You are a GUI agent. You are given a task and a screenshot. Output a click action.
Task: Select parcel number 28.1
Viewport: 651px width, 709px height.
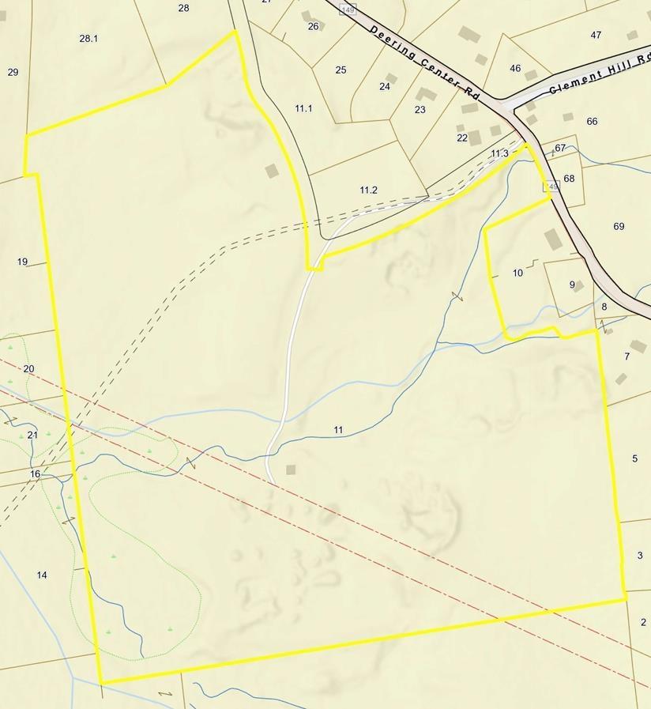click(x=88, y=38)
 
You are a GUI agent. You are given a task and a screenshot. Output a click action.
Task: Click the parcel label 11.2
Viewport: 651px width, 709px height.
click(x=368, y=190)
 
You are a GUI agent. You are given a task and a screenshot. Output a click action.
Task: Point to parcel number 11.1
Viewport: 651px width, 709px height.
click(x=303, y=108)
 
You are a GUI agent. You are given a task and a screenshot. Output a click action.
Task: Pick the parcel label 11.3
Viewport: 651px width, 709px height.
click(x=499, y=153)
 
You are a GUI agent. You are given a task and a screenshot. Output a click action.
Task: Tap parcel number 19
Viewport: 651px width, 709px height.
click(x=22, y=262)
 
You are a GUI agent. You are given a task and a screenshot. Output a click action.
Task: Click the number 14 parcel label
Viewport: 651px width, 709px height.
click(x=42, y=575)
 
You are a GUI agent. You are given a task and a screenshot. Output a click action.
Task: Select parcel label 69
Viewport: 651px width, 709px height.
click(x=619, y=226)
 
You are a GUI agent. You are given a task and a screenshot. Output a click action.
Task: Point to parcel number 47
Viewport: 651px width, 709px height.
click(x=596, y=35)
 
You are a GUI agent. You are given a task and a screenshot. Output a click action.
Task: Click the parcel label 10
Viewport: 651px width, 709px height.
click(x=517, y=273)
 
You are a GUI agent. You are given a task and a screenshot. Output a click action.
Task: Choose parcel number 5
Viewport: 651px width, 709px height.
click(x=634, y=458)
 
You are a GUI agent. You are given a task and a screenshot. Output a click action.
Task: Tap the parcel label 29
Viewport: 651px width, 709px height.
click(x=13, y=72)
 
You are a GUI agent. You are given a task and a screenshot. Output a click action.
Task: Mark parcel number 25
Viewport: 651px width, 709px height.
click(x=341, y=70)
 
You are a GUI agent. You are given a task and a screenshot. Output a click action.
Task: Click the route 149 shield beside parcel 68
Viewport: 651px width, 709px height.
click(x=551, y=187)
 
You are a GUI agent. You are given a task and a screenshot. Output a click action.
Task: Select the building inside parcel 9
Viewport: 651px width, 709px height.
click(x=579, y=285)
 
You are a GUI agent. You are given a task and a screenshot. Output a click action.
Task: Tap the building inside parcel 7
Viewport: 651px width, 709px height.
click(x=638, y=346)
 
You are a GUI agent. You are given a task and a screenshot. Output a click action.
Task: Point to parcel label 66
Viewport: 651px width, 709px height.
click(x=592, y=121)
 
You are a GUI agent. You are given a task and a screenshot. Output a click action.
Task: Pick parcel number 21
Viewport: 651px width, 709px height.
click(x=32, y=435)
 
